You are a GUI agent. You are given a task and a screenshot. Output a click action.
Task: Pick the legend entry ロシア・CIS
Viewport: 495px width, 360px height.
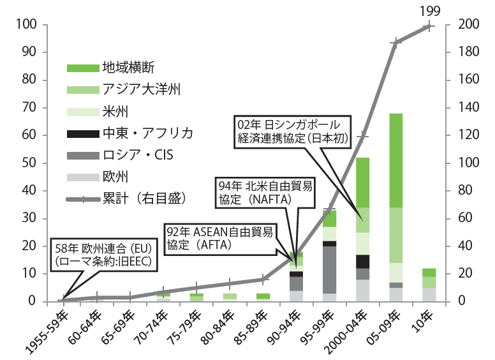tap(138, 154)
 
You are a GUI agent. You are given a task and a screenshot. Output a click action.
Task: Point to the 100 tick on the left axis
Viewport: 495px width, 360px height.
tap(30, 26)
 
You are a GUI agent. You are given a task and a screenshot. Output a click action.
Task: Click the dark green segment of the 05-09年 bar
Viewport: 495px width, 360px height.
tap(395, 160)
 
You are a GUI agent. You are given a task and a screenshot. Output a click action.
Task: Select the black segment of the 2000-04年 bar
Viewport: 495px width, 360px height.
tap(363, 262)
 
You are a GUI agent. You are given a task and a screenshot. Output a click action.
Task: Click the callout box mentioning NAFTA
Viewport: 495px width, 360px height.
tap(265, 192)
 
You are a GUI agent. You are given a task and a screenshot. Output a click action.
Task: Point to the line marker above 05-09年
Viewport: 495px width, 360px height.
tap(396, 43)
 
